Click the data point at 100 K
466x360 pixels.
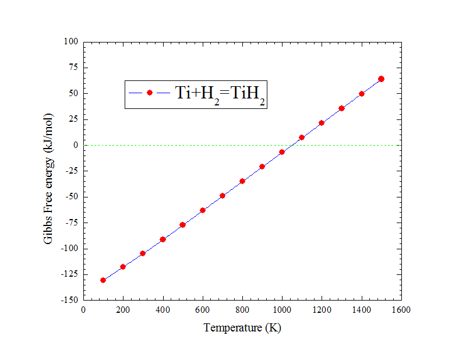(x=103, y=280)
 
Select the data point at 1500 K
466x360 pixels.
(x=381, y=79)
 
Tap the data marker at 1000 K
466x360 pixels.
(x=282, y=152)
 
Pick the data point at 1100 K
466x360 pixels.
(x=302, y=137)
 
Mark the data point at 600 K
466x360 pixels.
(x=203, y=210)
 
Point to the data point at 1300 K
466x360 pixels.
(x=341, y=108)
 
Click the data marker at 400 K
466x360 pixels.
(x=163, y=239)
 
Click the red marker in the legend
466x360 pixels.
(x=150, y=93)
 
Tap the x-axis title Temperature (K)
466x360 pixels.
(x=242, y=328)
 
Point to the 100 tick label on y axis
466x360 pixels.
(x=71, y=42)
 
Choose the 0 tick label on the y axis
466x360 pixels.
(x=75, y=145)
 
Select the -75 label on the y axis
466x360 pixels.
(x=71, y=223)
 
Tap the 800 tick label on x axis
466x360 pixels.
(x=242, y=310)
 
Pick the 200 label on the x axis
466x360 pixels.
(x=123, y=310)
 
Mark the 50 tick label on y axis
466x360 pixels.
(x=73, y=94)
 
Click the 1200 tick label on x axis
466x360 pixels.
(x=322, y=310)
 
